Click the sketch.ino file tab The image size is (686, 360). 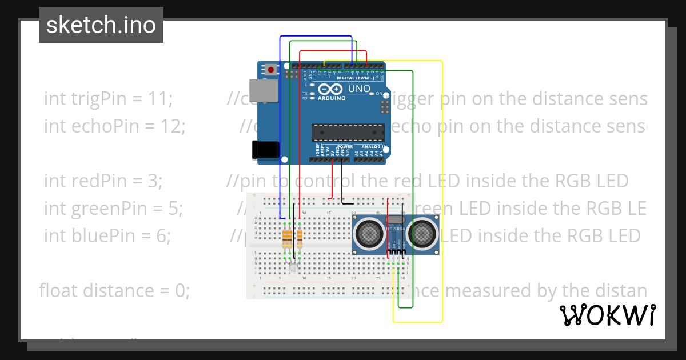(x=101, y=25)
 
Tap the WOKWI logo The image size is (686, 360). (x=607, y=315)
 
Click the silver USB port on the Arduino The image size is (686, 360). (x=266, y=91)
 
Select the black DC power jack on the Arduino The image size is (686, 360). (x=266, y=150)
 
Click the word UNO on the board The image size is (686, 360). (x=359, y=89)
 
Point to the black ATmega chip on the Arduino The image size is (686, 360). (x=348, y=132)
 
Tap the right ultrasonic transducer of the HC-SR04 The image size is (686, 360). (x=422, y=234)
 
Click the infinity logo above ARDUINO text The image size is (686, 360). (x=331, y=89)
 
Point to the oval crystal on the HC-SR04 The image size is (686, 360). (x=396, y=219)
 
